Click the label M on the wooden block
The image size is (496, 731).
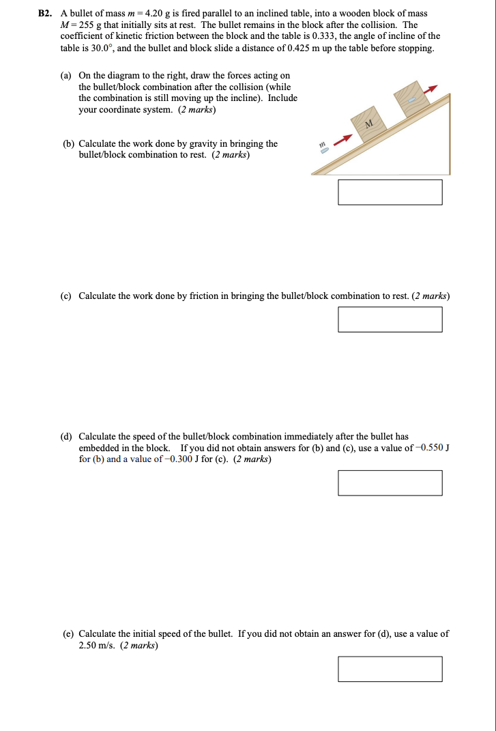point(369,124)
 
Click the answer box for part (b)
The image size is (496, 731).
point(390,192)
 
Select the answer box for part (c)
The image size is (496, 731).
point(390,319)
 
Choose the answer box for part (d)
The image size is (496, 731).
point(390,483)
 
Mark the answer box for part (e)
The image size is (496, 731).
point(390,668)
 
